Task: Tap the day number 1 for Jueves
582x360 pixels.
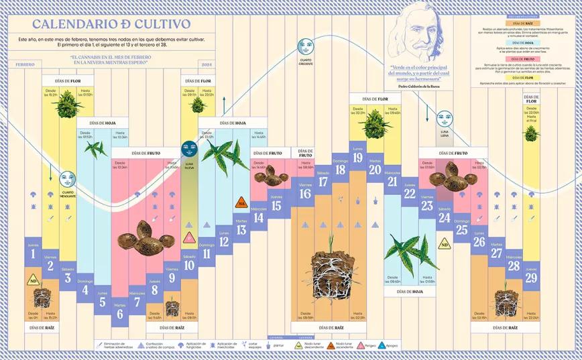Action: [33, 255]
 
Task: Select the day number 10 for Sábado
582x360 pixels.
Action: [189, 264]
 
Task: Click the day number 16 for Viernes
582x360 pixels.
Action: [306, 194]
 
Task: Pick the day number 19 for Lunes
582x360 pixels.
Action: [357, 159]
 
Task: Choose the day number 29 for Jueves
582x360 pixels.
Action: [531, 278]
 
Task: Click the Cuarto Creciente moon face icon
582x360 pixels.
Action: [305, 48]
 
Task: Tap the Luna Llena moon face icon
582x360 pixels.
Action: [444, 119]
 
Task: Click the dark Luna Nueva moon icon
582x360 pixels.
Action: [189, 147]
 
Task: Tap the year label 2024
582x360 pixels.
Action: [206, 65]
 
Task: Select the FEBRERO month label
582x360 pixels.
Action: [25, 65]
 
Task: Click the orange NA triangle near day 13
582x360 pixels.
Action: [241, 202]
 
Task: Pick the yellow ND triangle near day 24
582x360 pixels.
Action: [444, 245]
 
